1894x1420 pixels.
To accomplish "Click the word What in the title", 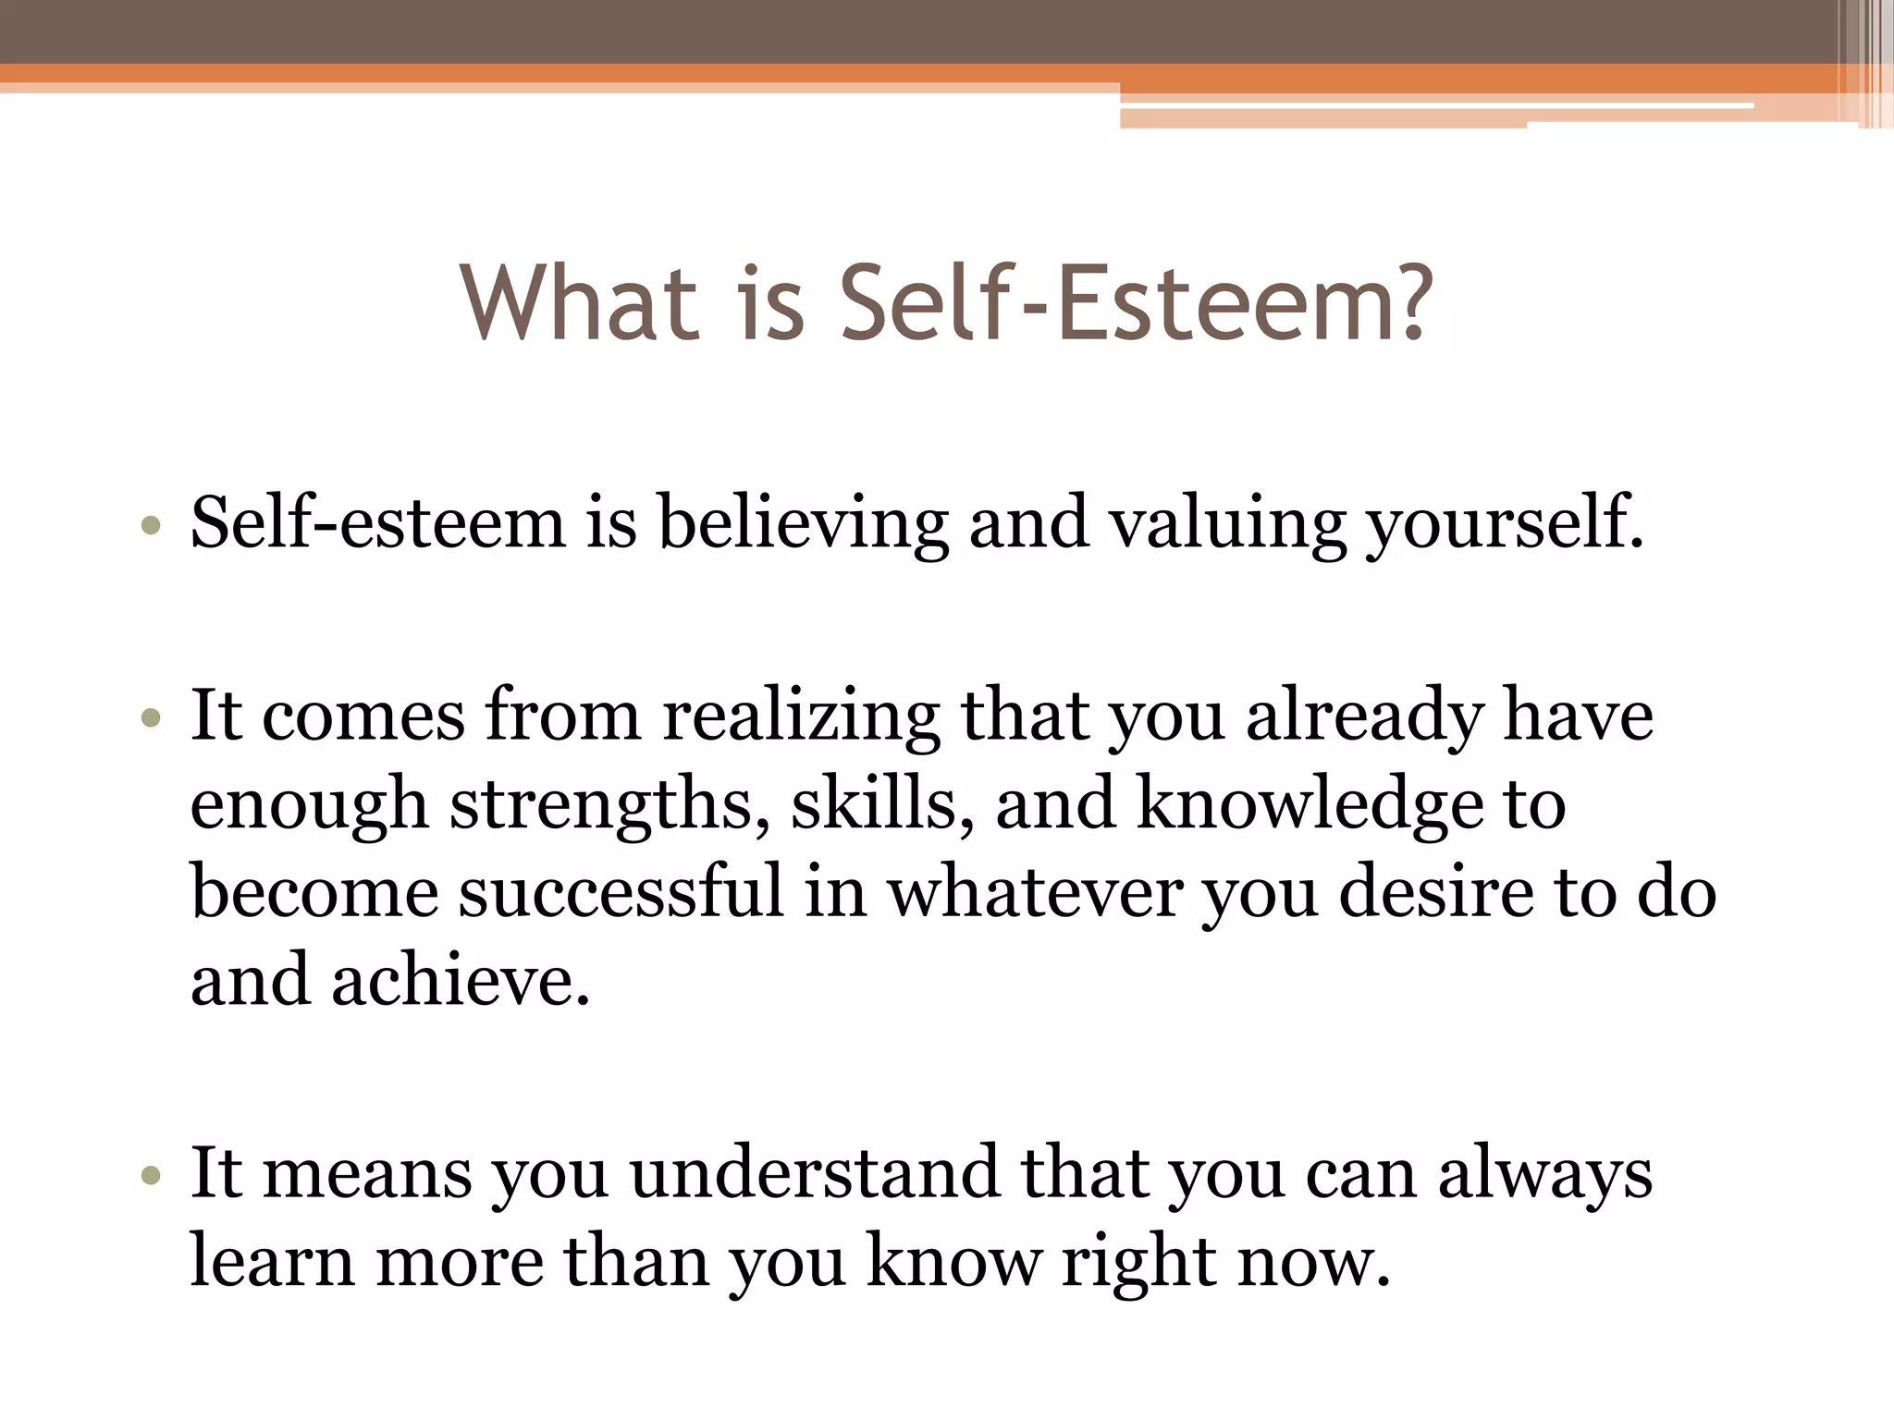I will pyautogui.click(x=580, y=302).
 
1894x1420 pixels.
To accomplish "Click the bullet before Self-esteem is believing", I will pyautogui.click(x=152, y=527).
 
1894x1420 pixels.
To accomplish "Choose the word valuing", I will pyautogui.click(x=1227, y=524).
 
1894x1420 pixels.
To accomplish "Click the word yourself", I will pyautogui.click(x=1505, y=524).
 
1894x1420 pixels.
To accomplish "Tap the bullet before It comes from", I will pyautogui.click(x=152, y=718).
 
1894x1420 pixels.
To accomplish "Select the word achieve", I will pyautogui.click(x=460, y=980).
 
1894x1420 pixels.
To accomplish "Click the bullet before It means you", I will pyautogui.click(x=152, y=1177).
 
